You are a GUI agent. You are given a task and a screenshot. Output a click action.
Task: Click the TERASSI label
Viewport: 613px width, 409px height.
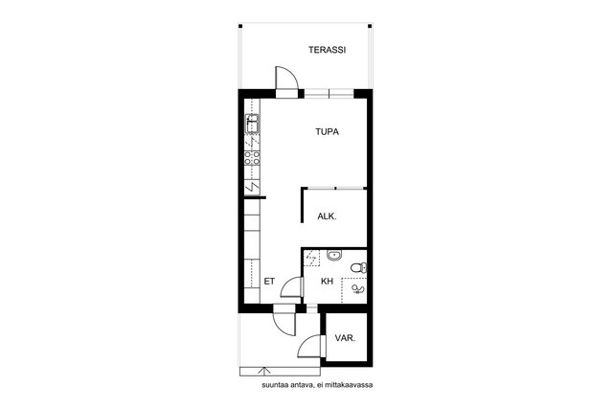click(x=328, y=50)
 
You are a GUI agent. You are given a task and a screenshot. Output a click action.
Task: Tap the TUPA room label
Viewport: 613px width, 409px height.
click(x=328, y=132)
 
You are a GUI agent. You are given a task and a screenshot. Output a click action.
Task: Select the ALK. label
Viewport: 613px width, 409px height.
click(x=327, y=216)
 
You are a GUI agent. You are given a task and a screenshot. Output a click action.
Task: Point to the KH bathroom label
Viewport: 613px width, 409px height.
click(x=327, y=282)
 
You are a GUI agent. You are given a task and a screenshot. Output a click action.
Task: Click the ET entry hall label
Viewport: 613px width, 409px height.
click(x=269, y=282)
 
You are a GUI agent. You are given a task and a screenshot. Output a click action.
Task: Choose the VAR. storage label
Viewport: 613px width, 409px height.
click(x=345, y=338)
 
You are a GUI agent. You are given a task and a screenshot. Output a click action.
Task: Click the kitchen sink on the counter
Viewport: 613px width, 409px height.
click(x=252, y=124)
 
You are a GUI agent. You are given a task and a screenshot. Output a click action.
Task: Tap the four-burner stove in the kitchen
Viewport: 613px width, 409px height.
click(x=252, y=158)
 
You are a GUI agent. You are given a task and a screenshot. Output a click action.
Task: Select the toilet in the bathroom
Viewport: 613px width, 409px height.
click(x=359, y=268)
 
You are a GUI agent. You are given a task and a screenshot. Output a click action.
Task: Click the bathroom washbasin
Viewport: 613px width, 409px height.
click(x=334, y=256)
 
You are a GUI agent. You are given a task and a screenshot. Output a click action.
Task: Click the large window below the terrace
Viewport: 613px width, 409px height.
click(x=329, y=94)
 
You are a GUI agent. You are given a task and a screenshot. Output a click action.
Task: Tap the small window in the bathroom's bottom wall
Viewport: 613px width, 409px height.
click(x=311, y=308)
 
